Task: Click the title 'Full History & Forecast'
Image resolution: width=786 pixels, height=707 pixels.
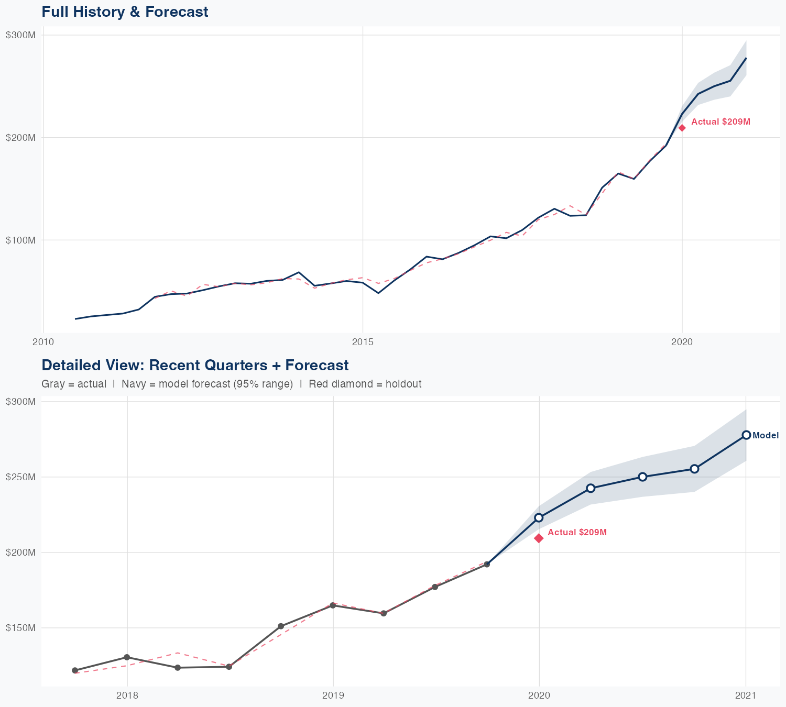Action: (125, 12)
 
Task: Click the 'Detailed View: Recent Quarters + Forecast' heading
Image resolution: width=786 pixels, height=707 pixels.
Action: (195, 365)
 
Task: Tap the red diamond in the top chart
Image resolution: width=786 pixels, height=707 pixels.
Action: (682, 128)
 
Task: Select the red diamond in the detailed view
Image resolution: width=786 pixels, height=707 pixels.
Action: (539, 538)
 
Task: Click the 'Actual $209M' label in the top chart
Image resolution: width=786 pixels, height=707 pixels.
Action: (720, 122)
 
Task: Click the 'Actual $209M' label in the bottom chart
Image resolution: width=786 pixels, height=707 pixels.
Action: (577, 533)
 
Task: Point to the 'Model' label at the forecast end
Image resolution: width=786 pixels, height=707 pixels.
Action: (766, 436)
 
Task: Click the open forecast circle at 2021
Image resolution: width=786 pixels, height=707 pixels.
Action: (746, 435)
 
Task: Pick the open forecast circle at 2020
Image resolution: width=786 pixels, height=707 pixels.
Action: (539, 517)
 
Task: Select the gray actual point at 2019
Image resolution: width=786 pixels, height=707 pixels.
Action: (333, 605)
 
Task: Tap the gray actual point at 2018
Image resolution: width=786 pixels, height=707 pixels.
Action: (127, 657)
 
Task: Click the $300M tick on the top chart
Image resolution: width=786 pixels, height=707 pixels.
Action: (21, 35)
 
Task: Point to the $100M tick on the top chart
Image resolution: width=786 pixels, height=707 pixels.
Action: (21, 240)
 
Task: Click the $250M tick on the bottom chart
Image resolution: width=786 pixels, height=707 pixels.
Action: (21, 477)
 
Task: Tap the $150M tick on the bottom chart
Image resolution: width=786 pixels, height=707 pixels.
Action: (21, 628)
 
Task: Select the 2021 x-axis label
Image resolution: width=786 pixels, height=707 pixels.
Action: (746, 695)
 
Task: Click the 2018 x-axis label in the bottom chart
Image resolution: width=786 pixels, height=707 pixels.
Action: (127, 695)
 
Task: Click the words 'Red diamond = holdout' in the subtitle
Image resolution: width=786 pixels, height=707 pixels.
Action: (365, 384)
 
